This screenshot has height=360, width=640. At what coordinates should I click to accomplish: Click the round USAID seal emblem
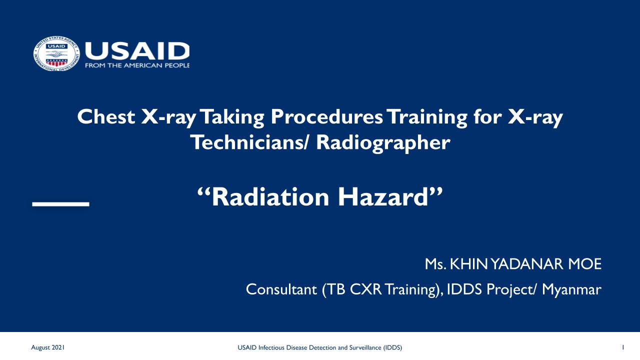[56, 53]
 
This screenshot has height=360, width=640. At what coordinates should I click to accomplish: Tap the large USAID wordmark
[137, 51]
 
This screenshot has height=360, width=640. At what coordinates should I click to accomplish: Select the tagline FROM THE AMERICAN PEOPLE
[137, 65]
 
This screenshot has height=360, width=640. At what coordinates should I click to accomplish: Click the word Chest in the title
[106, 116]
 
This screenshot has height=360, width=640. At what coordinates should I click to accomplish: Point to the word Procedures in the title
[326, 116]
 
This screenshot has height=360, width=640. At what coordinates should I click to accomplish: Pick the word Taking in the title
[232, 117]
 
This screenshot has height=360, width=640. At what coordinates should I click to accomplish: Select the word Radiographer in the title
[383, 143]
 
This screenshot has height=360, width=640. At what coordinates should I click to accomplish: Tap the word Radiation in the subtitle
[270, 197]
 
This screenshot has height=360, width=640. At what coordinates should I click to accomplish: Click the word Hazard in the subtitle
[383, 197]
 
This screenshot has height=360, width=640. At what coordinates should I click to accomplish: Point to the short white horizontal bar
[61, 204]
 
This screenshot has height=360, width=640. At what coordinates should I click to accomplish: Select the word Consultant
[281, 289]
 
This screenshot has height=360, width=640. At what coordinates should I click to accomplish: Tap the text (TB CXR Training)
[383, 290]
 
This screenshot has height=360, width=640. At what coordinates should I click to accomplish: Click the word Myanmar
[571, 290]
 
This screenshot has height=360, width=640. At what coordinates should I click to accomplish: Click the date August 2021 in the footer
[47, 347]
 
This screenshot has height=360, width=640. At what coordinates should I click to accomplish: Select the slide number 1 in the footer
[623, 347]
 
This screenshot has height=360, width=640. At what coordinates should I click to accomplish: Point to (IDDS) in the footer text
[392, 347]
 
